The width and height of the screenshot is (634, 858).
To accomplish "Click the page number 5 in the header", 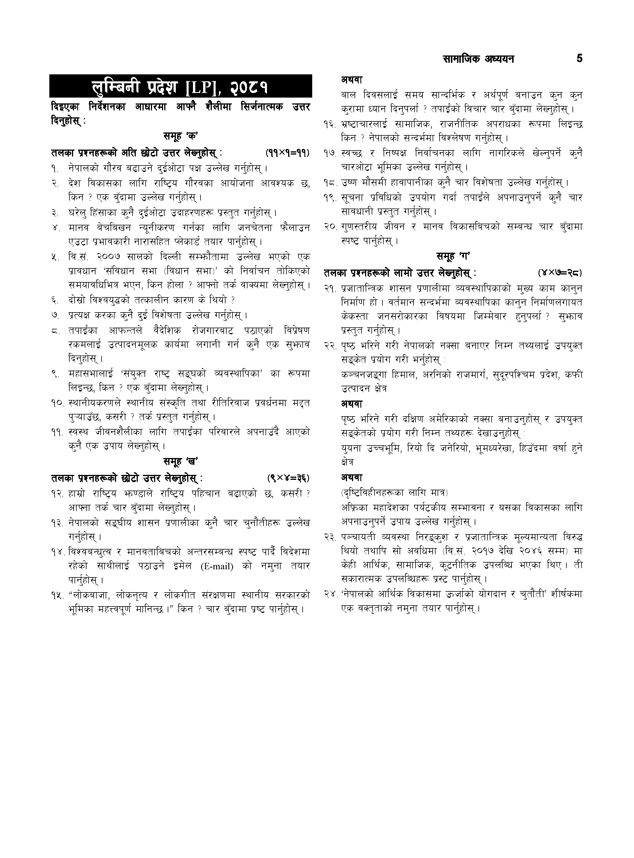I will (x=579, y=59).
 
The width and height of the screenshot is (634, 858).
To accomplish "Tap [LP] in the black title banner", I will (x=202, y=87).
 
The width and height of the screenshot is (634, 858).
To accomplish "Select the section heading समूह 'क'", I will (x=180, y=136).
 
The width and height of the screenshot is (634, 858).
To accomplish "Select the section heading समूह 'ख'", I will (x=180, y=461).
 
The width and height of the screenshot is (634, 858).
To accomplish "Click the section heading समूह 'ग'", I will (x=453, y=256).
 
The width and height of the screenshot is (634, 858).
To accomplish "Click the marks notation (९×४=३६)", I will (x=288, y=478).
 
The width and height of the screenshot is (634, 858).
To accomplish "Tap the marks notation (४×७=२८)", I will (x=560, y=273).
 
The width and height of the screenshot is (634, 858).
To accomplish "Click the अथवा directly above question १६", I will (x=352, y=80).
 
